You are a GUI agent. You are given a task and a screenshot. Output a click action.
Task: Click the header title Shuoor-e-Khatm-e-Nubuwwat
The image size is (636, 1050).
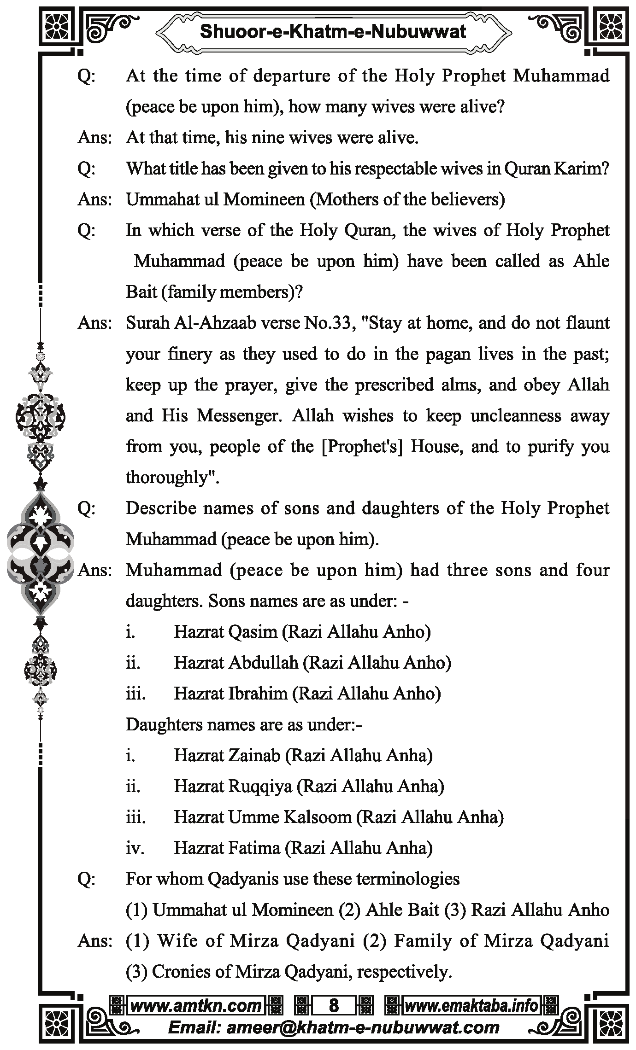pyautogui.click(x=333, y=31)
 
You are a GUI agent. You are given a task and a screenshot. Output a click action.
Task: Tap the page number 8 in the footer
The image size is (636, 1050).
pyautogui.click(x=334, y=1005)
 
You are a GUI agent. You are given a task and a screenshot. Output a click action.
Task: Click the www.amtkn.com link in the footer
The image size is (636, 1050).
pyautogui.click(x=196, y=1005)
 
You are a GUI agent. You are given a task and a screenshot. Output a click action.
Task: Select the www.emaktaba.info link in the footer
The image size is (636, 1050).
pyautogui.click(x=471, y=1005)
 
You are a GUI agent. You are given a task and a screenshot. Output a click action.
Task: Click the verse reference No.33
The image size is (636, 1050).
pyautogui.click(x=328, y=323)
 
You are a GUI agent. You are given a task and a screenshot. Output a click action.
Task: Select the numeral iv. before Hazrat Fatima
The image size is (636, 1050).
pyautogui.click(x=135, y=848)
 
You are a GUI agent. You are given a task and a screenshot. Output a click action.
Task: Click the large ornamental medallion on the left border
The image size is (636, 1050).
pyautogui.click(x=41, y=553)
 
